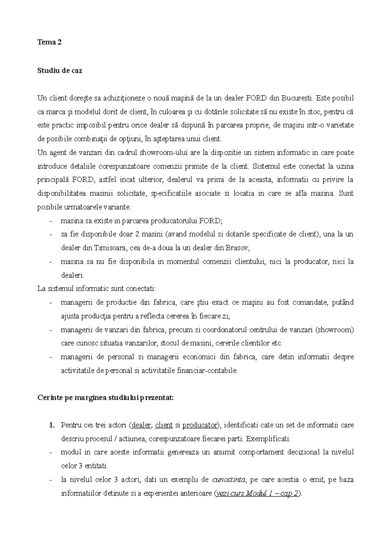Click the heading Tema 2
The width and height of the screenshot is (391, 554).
pyautogui.click(x=50, y=42)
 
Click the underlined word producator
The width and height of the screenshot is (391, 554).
pyautogui.click(x=199, y=425)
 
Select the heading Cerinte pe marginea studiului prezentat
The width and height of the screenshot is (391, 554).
pyautogui.click(x=106, y=398)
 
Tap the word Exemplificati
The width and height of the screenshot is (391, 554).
pyautogui.click(x=268, y=439)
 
